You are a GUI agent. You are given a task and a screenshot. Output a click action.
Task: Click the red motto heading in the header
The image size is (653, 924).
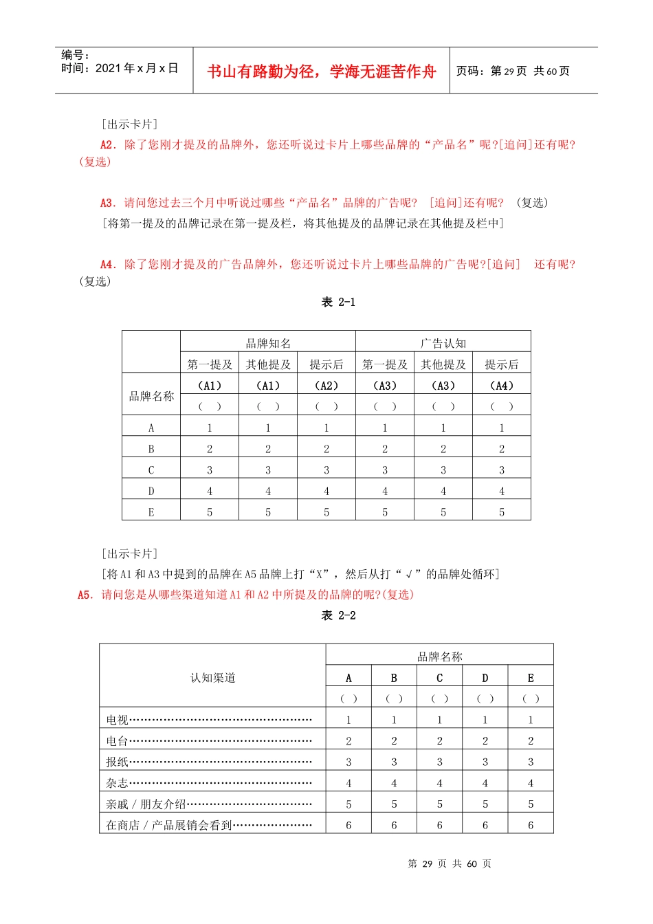click(321, 71)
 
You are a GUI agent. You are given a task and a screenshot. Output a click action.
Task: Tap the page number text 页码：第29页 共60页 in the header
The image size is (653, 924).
click(513, 71)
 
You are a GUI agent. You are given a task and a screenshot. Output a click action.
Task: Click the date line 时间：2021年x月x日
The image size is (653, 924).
click(120, 68)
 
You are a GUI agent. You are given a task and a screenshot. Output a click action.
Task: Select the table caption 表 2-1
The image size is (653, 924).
click(338, 302)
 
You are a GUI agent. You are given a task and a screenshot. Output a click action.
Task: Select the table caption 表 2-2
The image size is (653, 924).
click(338, 615)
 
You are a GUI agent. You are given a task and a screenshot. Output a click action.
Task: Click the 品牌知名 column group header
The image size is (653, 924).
click(268, 343)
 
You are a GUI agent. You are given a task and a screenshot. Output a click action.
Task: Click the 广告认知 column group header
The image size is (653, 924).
click(443, 343)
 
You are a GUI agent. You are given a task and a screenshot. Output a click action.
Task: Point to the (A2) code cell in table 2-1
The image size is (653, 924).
click(326, 386)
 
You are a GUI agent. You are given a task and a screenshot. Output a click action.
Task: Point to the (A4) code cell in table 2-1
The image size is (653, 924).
click(501, 386)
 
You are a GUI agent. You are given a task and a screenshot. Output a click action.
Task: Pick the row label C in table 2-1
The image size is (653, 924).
click(151, 470)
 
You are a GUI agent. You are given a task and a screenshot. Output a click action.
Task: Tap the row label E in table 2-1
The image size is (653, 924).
click(151, 512)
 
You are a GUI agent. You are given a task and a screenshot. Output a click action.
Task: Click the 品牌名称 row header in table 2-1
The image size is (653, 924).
click(151, 396)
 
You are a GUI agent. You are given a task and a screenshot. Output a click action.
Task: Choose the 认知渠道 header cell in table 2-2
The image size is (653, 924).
click(212, 678)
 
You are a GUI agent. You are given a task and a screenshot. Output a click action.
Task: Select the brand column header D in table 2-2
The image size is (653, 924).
click(485, 678)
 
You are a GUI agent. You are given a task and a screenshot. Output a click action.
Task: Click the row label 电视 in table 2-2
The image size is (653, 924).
click(118, 720)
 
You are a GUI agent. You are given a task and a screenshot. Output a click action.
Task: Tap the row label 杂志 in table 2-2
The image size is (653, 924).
click(118, 783)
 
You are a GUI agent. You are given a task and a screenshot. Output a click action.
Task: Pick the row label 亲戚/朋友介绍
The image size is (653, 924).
click(146, 804)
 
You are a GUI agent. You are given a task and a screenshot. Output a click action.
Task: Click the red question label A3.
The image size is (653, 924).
click(108, 203)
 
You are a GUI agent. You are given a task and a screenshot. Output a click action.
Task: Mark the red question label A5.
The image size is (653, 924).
click(85, 595)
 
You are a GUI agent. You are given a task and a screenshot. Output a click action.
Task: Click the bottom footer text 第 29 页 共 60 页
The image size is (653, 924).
click(450, 863)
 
